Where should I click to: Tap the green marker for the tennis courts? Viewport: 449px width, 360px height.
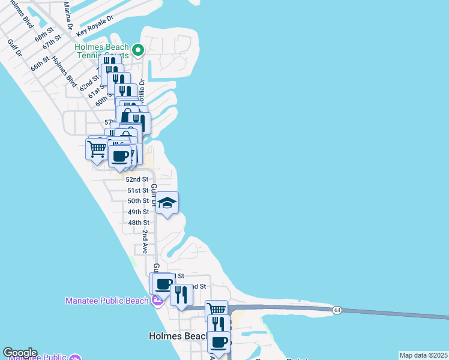[138, 50]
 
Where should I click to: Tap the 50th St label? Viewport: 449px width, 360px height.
[138, 201]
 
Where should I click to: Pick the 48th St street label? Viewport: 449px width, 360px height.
[138, 223]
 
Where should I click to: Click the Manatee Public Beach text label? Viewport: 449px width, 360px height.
[107, 300]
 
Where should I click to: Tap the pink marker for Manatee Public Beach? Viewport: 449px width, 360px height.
[157, 300]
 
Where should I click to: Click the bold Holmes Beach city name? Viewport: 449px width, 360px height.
[176, 337]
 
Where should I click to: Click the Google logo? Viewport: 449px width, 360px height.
[20, 353]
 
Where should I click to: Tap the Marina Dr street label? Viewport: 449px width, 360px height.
[68, 15]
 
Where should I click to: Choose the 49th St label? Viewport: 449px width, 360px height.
[138, 212]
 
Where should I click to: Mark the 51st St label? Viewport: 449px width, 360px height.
[138, 190]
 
